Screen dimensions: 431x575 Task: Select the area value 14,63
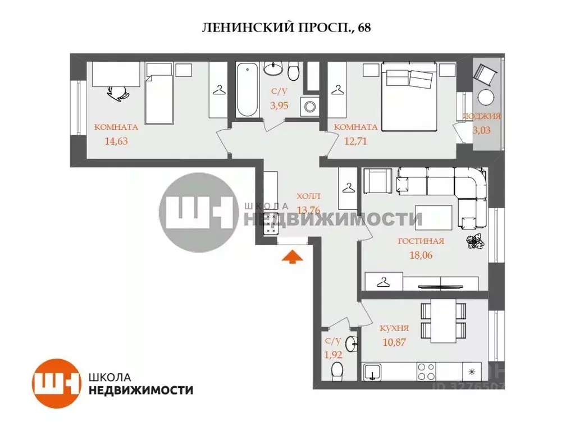pos(116,141)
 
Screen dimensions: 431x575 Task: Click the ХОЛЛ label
pos(308,197)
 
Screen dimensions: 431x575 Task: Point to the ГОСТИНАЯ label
pos(421,242)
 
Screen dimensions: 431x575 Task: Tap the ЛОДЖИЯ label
pos(481,117)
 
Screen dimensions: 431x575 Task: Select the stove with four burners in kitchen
pos(426,372)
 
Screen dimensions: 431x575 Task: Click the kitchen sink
pos(372,372)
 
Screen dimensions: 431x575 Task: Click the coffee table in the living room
pos(433,215)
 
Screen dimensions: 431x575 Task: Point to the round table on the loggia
pos(486,97)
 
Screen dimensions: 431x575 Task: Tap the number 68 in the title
pos(364,28)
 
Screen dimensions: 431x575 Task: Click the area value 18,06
pos(421,255)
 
